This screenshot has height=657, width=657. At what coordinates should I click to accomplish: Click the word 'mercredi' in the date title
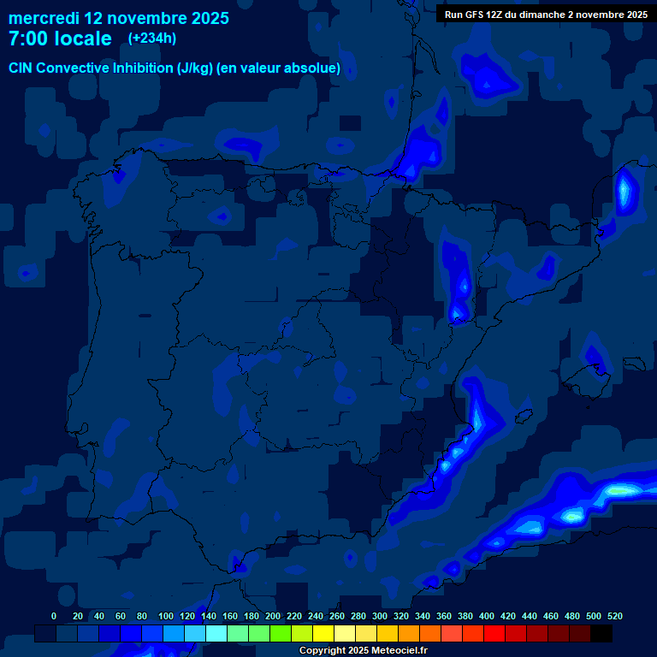click(x=44, y=18)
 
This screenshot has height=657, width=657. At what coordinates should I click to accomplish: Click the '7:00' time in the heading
click(x=28, y=38)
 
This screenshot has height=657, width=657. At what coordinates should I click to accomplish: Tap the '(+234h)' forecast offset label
click(x=152, y=38)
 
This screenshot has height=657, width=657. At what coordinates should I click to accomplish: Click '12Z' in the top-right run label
click(x=500, y=14)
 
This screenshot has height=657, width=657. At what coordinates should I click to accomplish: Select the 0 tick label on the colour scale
click(x=54, y=616)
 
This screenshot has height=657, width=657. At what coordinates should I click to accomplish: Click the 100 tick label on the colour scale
click(x=166, y=616)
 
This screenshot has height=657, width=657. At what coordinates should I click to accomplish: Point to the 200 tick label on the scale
click(x=273, y=616)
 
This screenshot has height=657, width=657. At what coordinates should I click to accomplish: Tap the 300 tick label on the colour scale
click(x=380, y=616)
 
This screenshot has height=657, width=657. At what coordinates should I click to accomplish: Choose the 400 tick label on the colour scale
click(x=487, y=616)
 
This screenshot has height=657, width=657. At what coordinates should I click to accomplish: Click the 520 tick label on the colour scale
click(x=615, y=616)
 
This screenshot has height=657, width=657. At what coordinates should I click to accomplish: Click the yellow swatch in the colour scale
click(x=323, y=633)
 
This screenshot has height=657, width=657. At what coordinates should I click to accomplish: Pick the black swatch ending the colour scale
click(x=601, y=633)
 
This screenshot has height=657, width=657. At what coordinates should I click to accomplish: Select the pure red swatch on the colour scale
click(x=494, y=633)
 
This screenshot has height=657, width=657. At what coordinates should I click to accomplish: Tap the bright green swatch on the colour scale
click(x=281, y=633)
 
